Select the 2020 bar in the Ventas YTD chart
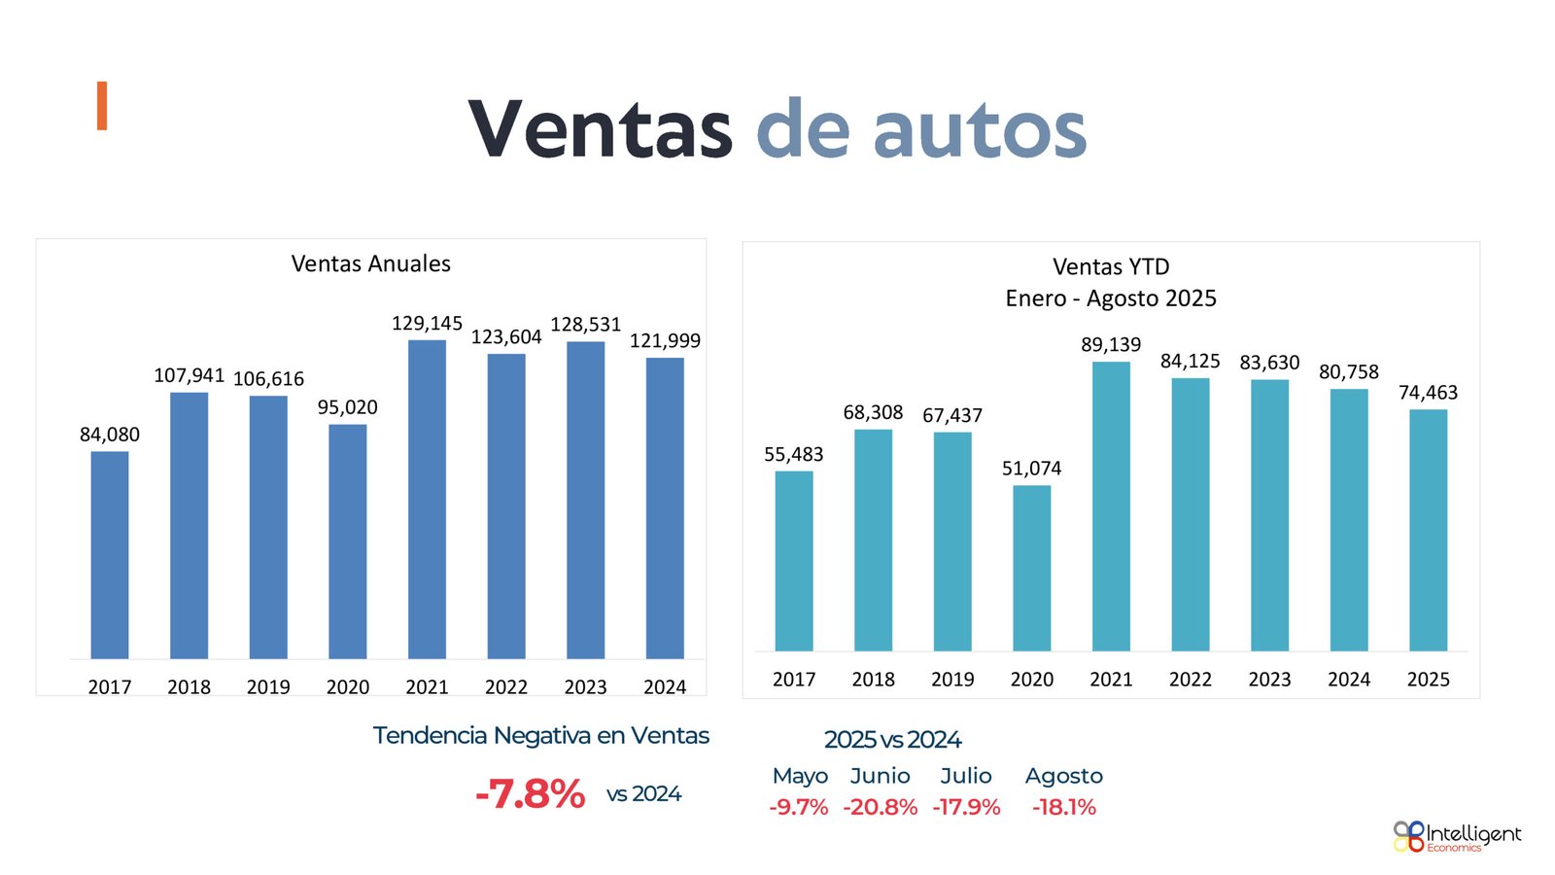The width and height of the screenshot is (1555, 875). tap(1031, 568)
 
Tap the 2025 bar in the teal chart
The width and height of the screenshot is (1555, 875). tap(1428, 530)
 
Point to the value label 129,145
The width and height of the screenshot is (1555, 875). tap(427, 323)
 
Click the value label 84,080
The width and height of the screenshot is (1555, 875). tap(110, 435)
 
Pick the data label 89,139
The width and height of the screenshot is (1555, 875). tap(1111, 345)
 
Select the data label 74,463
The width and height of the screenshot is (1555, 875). tap(1428, 393)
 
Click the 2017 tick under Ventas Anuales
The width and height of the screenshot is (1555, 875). tap(110, 687)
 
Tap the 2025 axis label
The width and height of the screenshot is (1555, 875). tap(1428, 680)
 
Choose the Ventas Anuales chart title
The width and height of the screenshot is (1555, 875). tap(371, 263)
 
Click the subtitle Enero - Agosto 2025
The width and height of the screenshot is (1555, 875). tap(1111, 298)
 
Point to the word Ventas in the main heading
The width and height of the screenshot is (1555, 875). tap(600, 129)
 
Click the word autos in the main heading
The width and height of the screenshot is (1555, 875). tap(979, 129)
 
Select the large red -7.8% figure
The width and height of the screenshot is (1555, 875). tap(531, 794)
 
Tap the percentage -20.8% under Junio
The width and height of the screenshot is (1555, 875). tap(881, 807)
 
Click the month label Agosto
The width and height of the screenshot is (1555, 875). tap(1064, 776)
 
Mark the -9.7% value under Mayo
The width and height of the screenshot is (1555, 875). tap(799, 807)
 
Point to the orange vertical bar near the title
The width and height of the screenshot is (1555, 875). tap(101, 106)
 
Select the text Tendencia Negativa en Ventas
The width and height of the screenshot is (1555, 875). tap(541, 736)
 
